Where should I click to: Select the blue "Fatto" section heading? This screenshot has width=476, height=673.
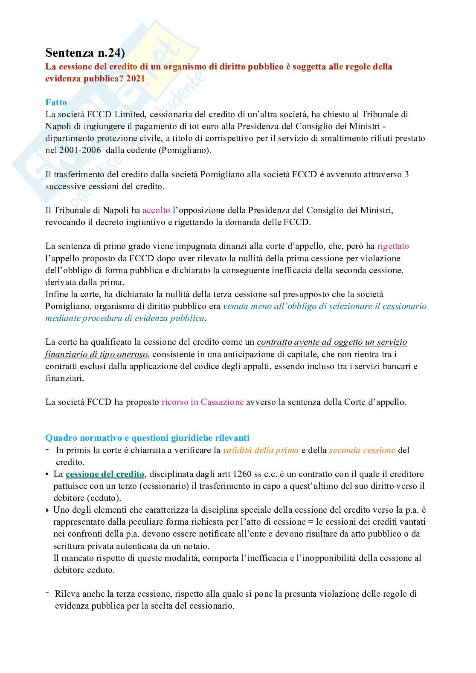click(x=56, y=102)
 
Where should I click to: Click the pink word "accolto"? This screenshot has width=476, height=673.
click(x=156, y=210)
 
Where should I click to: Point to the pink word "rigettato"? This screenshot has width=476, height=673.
click(x=393, y=246)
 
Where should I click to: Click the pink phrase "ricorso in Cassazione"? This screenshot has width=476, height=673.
click(x=202, y=402)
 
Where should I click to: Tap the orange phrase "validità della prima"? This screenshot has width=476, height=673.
click(x=261, y=450)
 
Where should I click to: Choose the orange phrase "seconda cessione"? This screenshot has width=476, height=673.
click(x=362, y=450)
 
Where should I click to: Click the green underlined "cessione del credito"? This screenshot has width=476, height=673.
click(x=105, y=474)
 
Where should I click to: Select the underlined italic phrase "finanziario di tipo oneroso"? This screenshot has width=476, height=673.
click(x=96, y=354)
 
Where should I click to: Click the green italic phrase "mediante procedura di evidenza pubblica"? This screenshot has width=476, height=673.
click(x=125, y=318)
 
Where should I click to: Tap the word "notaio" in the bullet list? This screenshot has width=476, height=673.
click(x=197, y=546)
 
